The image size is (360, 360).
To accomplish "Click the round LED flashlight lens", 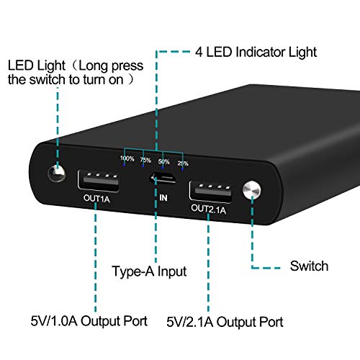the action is [57, 174].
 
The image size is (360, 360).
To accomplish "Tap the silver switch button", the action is [251, 190].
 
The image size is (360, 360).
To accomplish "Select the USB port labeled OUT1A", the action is [99, 181].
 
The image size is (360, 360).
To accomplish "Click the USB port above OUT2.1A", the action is [210, 192].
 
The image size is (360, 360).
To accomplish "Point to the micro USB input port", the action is [163, 178].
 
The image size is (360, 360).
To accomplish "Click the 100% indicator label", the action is [127, 158].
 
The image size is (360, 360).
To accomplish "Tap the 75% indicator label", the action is [145, 160].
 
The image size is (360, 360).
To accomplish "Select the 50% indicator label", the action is [164, 162].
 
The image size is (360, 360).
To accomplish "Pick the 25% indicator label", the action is [183, 163].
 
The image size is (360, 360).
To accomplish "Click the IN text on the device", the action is [163, 198].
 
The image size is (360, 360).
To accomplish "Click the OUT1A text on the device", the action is [96, 199].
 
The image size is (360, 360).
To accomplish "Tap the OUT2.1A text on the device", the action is [209, 209].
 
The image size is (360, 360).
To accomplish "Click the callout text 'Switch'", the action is [309, 266].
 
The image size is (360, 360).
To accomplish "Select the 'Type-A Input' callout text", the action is [149, 271].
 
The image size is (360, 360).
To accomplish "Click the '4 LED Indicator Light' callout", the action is [256, 52].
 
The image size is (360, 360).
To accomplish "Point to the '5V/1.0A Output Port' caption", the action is [89, 321].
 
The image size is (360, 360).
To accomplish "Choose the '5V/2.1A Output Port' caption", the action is [225, 322].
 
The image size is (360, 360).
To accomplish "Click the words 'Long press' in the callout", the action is [111, 66].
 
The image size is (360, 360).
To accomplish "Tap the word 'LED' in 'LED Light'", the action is [20, 66].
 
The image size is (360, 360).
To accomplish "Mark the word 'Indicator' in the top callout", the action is [260, 52].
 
